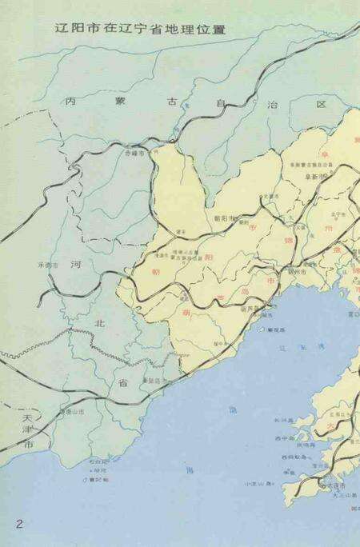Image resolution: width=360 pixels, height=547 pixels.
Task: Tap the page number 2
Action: pos(17,524)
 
